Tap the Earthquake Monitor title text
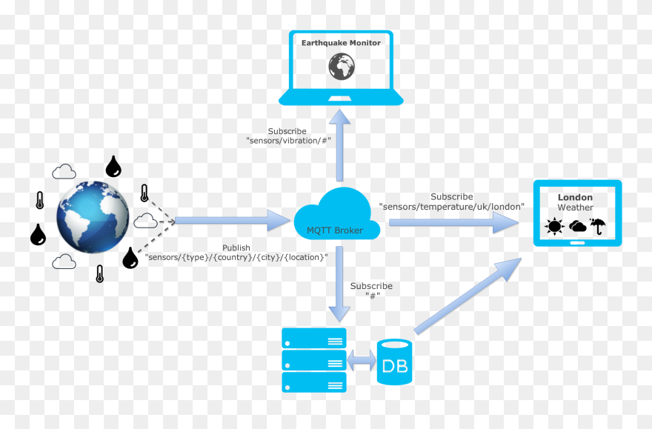[341, 43]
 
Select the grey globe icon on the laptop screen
[341, 67]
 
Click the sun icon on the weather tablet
[554, 227]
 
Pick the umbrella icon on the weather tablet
[599, 226]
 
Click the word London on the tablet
[575, 197]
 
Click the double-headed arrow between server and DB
[362, 362]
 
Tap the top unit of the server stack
[314, 339]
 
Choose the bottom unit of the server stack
[314, 382]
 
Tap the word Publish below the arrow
[236, 247]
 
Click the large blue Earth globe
[93, 217]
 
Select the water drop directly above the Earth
[113, 167]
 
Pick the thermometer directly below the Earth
[99, 273]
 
